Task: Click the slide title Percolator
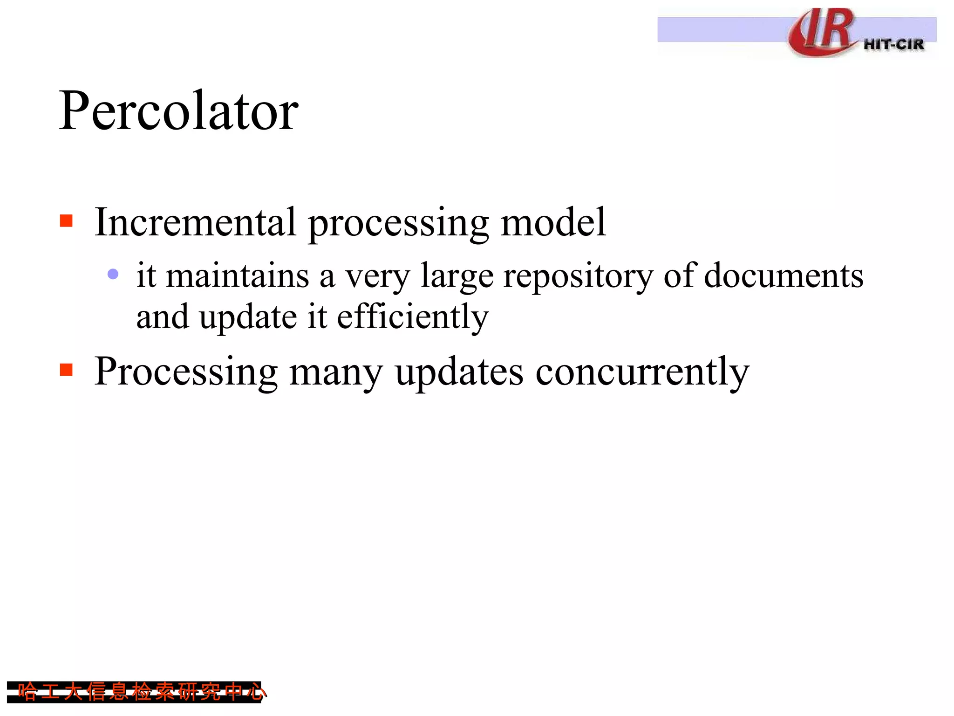[x=178, y=111]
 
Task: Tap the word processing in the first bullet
[x=398, y=224]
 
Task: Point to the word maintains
[x=238, y=275]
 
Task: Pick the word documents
[x=784, y=275]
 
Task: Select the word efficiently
[x=412, y=317]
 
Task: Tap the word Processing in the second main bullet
[x=186, y=372]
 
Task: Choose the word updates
[x=459, y=373]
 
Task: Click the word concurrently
[x=642, y=372]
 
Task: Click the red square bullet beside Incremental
[x=67, y=220]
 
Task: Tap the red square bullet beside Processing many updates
[x=67, y=370]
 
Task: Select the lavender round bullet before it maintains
[x=113, y=274]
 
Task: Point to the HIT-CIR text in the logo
[x=893, y=45]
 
